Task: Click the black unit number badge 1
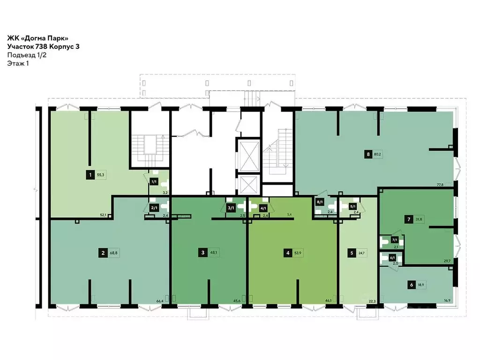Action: tap(89, 175)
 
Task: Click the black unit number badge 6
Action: tap(411, 285)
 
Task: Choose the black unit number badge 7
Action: tap(409, 219)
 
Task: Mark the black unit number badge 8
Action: tap(369, 153)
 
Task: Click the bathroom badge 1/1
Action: tap(153, 181)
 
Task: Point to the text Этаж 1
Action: tap(18, 64)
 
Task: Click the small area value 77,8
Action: tap(453, 185)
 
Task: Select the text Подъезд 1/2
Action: tap(27, 55)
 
